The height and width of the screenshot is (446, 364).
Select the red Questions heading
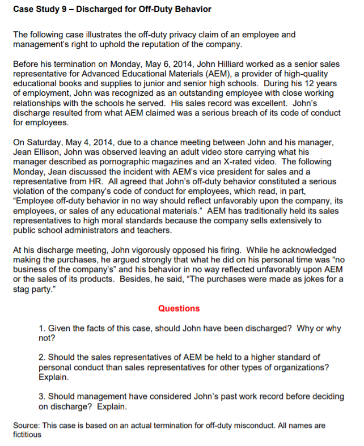click(179, 308)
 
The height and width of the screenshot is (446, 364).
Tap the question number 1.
click(41, 329)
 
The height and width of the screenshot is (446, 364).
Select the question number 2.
click(41, 357)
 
